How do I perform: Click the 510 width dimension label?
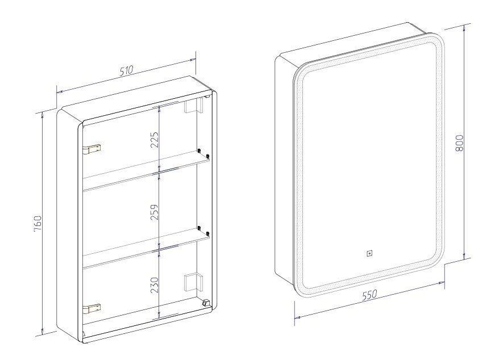click(x=126, y=71)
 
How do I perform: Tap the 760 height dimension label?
click(x=38, y=224)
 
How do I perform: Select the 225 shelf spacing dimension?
click(x=155, y=140)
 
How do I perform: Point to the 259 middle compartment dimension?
click(x=155, y=212)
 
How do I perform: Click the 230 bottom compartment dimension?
click(x=155, y=285)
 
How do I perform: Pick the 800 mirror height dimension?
click(x=459, y=143)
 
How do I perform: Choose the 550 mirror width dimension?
click(x=369, y=295)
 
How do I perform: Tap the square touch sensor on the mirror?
click(x=369, y=253)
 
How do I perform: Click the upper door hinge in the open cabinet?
click(x=92, y=149)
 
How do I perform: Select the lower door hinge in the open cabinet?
click(x=92, y=308)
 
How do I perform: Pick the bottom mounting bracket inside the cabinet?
click(x=193, y=281)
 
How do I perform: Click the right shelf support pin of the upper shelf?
click(x=208, y=156)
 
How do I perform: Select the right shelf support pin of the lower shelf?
click(x=208, y=235)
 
